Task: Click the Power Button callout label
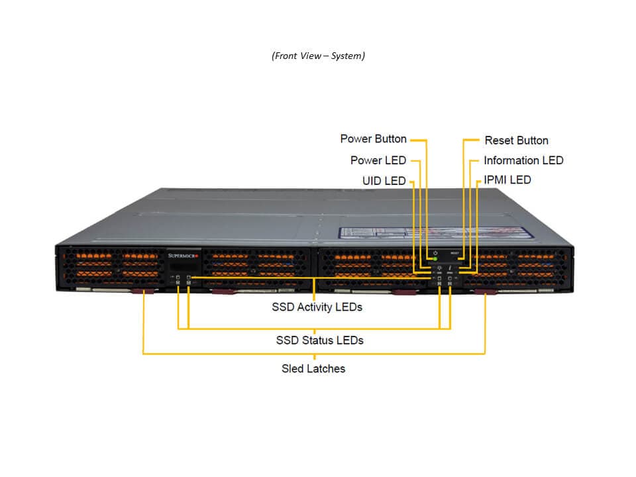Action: pos(373,139)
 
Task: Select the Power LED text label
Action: pos(378,160)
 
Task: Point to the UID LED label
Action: pos(384,180)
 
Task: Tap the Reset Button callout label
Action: pos(516,140)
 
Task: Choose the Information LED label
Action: pos(523,160)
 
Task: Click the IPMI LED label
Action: pos(507,180)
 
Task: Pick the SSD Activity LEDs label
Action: pos(317,307)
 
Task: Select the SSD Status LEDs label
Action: pos(319,341)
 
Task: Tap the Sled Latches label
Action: pos(313,368)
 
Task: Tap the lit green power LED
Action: pos(435,259)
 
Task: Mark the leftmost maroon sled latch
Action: pos(143,291)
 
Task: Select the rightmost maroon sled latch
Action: pos(485,291)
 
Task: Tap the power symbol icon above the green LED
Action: pos(435,252)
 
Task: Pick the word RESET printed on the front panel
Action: pos(454,252)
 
